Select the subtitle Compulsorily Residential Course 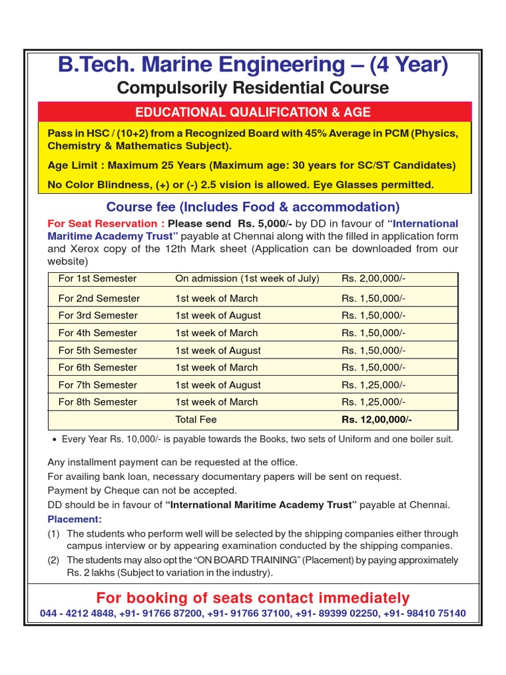252,88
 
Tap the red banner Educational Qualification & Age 252,112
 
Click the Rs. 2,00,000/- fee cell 373,279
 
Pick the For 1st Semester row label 98,279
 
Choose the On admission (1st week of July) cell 247,279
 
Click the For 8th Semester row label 98,402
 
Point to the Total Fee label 196,419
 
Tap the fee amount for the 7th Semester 373,385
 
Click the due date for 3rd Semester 217,316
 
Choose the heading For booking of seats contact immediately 252,598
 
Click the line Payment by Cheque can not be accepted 142,490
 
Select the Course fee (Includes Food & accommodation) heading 252,207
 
